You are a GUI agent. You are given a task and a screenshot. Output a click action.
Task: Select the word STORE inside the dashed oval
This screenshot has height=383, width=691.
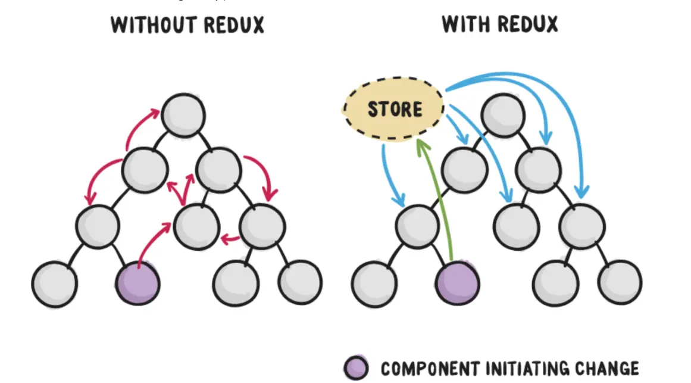[395, 110]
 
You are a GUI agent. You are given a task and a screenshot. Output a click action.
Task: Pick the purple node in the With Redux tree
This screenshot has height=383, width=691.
[458, 282]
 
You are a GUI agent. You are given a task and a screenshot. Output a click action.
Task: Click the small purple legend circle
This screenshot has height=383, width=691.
[356, 368]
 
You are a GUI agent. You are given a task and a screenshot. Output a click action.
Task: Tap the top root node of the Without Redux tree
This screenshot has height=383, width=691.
[183, 113]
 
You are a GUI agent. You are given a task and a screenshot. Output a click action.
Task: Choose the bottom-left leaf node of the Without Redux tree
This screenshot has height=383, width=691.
[54, 283]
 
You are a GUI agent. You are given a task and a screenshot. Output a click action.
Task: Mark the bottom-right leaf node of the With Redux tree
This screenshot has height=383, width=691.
[620, 282]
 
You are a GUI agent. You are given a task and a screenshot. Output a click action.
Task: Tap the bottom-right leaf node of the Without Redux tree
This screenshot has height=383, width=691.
[300, 282]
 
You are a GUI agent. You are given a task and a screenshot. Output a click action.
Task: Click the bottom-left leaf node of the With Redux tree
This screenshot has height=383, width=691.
[374, 283]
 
